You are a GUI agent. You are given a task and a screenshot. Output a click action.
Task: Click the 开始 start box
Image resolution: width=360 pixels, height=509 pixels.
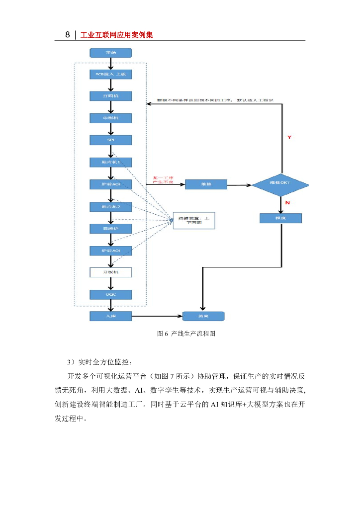pyautogui.click(x=110, y=52)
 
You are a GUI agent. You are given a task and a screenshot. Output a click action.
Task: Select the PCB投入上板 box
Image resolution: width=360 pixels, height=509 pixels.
pyautogui.click(x=110, y=74)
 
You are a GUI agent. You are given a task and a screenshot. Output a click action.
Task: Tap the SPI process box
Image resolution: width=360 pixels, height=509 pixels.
pyautogui.click(x=110, y=140)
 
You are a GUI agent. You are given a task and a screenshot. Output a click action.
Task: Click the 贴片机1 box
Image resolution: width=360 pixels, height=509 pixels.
pyautogui.click(x=110, y=163)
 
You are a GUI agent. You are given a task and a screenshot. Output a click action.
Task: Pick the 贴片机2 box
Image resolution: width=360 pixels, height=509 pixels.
pyautogui.click(x=110, y=206)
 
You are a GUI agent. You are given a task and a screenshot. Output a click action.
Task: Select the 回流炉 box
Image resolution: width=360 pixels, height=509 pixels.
pyautogui.click(x=110, y=229)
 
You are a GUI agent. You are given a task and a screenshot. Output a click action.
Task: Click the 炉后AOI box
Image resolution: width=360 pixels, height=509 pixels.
pyautogui.click(x=110, y=250)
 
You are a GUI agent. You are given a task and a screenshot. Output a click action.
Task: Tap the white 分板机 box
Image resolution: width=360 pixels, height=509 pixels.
pyautogui.click(x=110, y=272)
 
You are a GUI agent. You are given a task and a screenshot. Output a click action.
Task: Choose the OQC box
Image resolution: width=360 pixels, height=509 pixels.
pyautogui.click(x=110, y=294)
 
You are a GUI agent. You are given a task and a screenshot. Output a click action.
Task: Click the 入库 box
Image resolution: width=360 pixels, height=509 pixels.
pyautogui.click(x=110, y=316)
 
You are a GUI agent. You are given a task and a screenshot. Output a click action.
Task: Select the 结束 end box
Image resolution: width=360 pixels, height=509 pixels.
pyautogui.click(x=204, y=316)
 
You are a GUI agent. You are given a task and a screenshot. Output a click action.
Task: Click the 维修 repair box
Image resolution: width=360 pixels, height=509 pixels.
pyautogui.click(x=206, y=184)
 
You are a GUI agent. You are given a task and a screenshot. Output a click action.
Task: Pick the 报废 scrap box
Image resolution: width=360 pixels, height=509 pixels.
pyautogui.click(x=280, y=218)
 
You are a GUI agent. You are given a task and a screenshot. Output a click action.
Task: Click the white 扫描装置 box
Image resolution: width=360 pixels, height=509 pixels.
pyautogui.click(x=194, y=220)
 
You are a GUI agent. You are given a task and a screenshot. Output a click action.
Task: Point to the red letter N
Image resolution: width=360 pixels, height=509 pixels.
pyautogui.click(x=287, y=202)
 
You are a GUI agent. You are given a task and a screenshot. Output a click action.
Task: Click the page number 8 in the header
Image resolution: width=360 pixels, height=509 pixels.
pyautogui.click(x=68, y=35)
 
